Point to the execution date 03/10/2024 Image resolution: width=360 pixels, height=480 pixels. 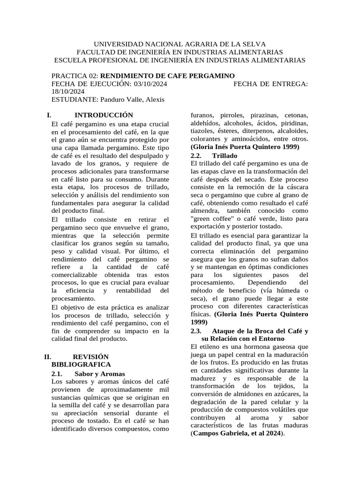(137, 84)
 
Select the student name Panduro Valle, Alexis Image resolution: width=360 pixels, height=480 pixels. (132, 100)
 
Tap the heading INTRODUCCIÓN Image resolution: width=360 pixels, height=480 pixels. (104, 115)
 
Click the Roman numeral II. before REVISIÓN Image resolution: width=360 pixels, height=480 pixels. (47, 357)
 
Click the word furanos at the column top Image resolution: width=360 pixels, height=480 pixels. (202, 115)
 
